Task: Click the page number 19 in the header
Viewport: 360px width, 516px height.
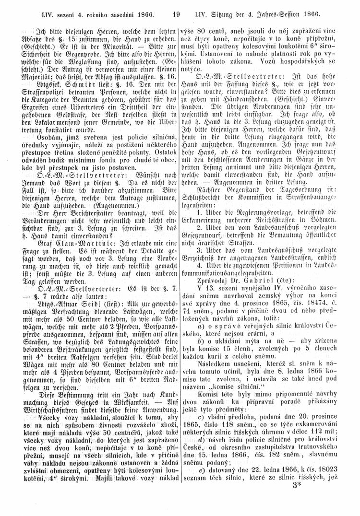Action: (x=178, y=8)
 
